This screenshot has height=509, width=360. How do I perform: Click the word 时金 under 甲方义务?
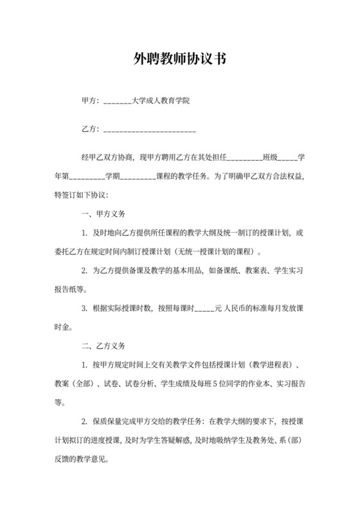click(x=62, y=326)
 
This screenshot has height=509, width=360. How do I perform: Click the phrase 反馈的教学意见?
click(x=84, y=460)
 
